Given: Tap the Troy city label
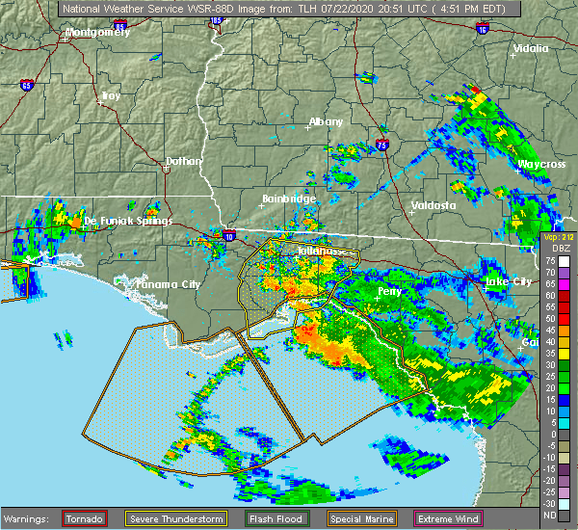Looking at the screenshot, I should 112,95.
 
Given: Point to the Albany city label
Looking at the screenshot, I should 326,122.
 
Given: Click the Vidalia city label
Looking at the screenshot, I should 531,48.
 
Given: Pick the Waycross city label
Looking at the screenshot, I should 541,165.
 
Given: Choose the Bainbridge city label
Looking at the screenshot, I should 289,199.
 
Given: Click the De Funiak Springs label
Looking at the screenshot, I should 128,221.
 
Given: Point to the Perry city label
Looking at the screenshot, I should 390,290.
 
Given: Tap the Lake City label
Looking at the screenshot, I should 508,281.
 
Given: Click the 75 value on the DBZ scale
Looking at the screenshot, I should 550,259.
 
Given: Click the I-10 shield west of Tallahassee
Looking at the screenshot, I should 228,234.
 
